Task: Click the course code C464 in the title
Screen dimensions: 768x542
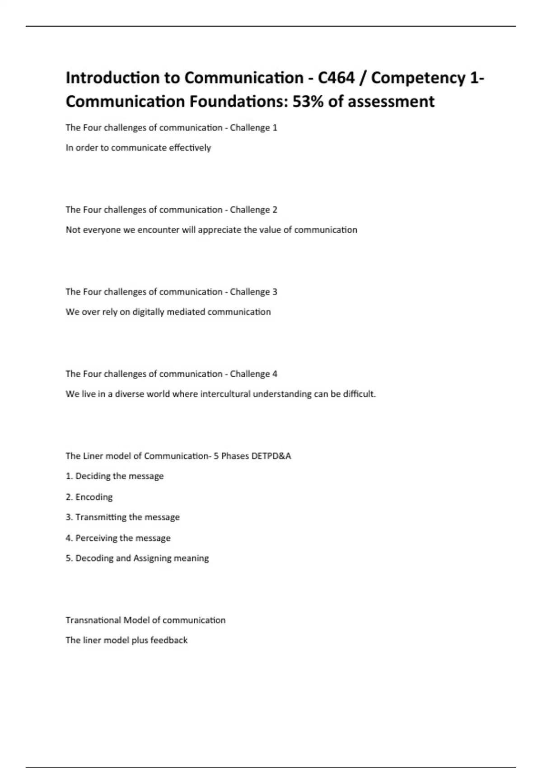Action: click(336, 78)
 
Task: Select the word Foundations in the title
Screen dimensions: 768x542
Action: click(238, 102)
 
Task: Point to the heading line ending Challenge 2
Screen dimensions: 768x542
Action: click(171, 210)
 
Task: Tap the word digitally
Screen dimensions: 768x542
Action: click(148, 312)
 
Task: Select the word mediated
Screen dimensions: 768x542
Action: click(186, 312)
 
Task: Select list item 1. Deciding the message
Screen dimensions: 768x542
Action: click(115, 476)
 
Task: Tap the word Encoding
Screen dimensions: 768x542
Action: click(94, 497)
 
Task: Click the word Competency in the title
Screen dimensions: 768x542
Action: click(418, 78)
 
